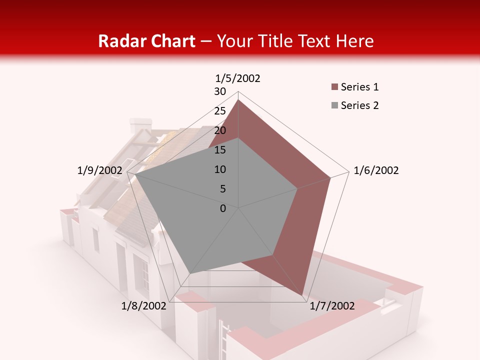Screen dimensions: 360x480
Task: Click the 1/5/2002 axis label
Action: pyautogui.click(x=238, y=78)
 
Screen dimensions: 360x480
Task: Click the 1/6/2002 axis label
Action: pyautogui.click(x=376, y=170)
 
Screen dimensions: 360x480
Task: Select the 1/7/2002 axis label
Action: pyautogui.click(x=332, y=306)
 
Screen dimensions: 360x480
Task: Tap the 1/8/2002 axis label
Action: pyautogui.click(x=143, y=306)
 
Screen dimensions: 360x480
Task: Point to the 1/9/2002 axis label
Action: pyautogui.click(x=99, y=170)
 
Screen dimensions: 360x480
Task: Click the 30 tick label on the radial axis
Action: pyautogui.click(x=220, y=91)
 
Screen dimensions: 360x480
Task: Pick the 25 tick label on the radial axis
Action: pyautogui.click(x=220, y=111)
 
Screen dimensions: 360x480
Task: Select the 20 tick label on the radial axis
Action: pyautogui.click(x=220, y=130)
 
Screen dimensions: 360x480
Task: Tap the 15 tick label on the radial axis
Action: pyautogui.click(x=220, y=150)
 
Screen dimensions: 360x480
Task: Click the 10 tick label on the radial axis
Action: pyautogui.click(x=220, y=169)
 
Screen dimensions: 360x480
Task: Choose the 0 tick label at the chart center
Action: pyautogui.click(x=223, y=208)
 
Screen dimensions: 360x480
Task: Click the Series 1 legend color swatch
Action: pyautogui.click(x=334, y=87)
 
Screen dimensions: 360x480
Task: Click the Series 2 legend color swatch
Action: pyautogui.click(x=334, y=105)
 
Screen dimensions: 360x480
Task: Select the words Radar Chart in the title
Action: pyautogui.click(x=146, y=41)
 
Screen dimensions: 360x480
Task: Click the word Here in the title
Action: pyautogui.click(x=355, y=41)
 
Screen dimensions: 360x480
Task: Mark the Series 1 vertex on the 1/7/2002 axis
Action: pyautogui.click(x=302, y=295)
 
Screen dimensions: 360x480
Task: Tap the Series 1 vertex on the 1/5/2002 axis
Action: pyautogui.click(x=238, y=100)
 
